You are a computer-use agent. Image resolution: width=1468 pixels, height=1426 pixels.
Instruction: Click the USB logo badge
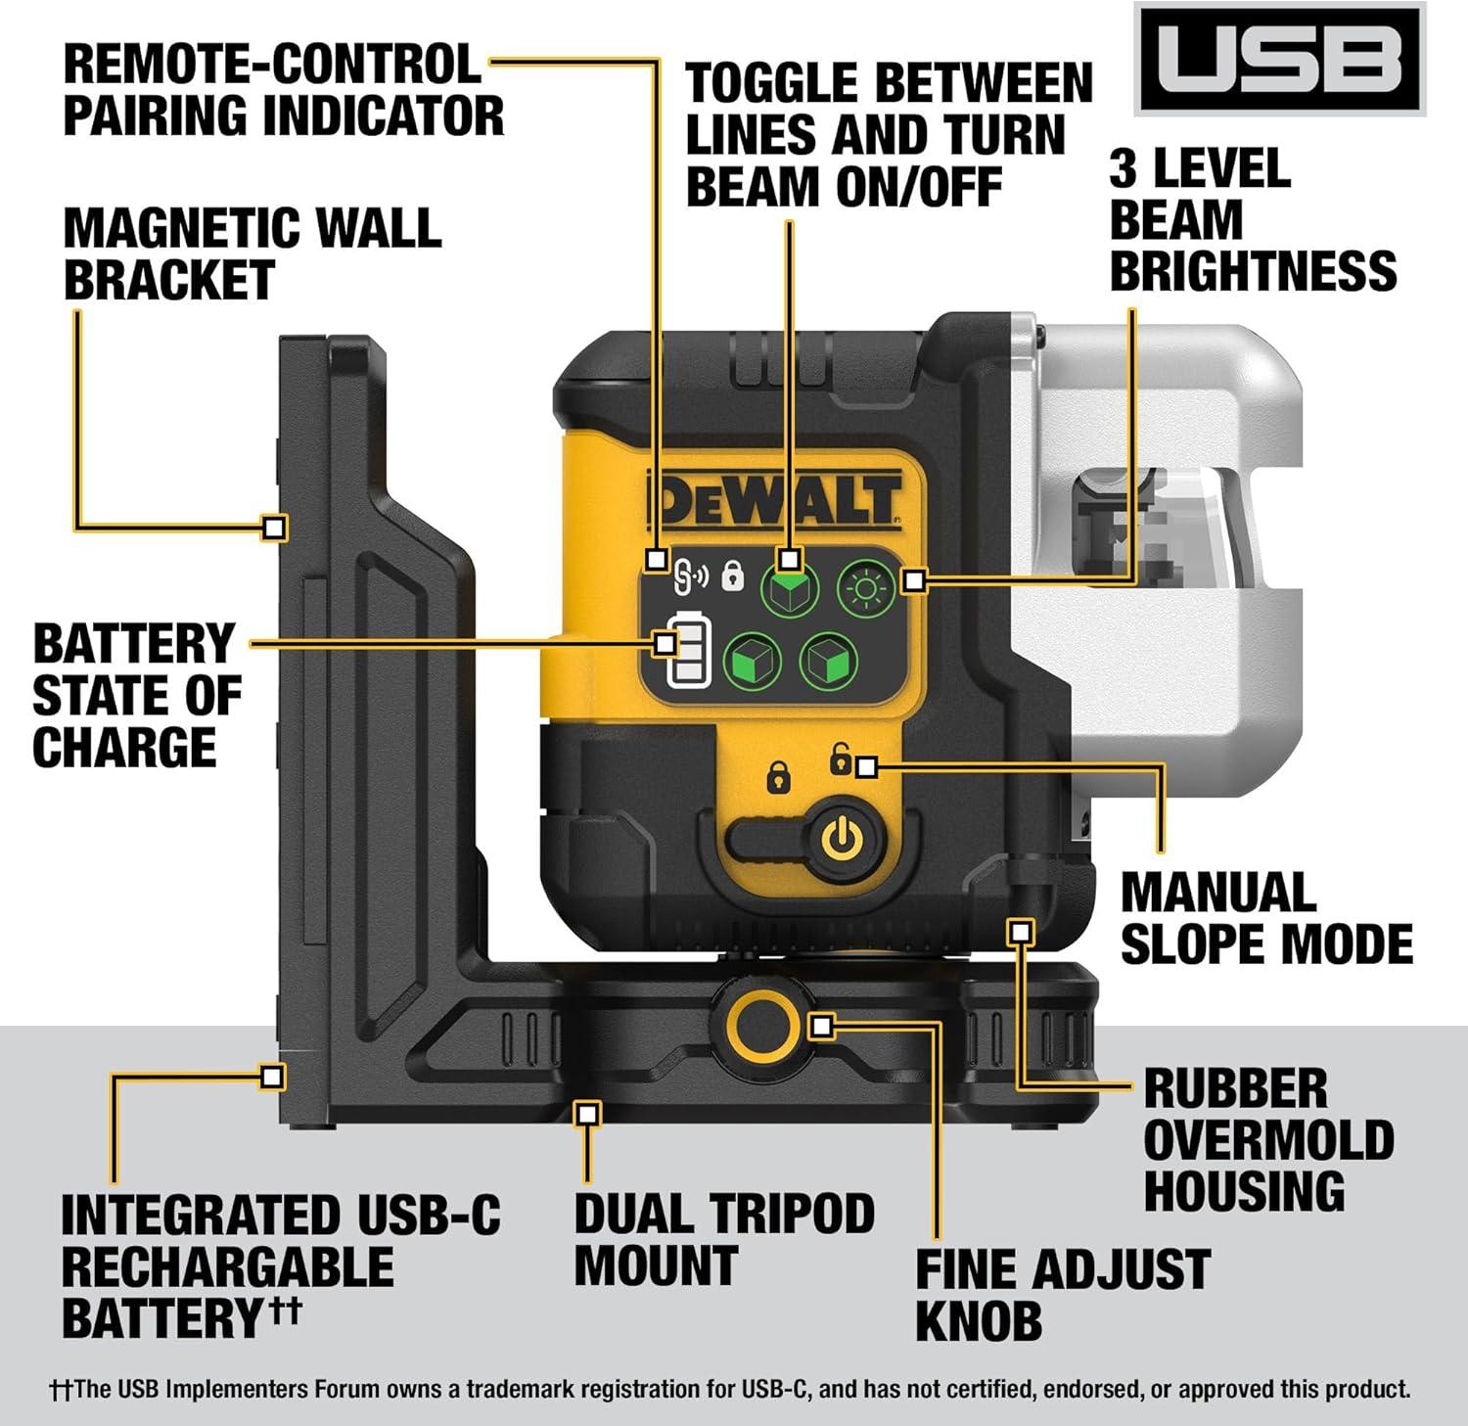[1279, 60]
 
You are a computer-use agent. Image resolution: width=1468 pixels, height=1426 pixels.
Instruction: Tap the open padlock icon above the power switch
[840, 759]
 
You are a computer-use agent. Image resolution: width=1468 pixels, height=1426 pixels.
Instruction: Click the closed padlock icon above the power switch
[778, 777]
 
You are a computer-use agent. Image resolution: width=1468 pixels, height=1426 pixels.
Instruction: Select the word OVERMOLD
[1268, 1139]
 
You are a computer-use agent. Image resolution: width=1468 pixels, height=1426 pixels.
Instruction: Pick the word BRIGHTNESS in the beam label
[1253, 271]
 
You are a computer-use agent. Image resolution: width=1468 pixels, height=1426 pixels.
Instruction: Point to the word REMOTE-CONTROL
[272, 65]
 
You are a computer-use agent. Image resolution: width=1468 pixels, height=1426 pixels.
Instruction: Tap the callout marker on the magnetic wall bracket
[275, 528]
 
